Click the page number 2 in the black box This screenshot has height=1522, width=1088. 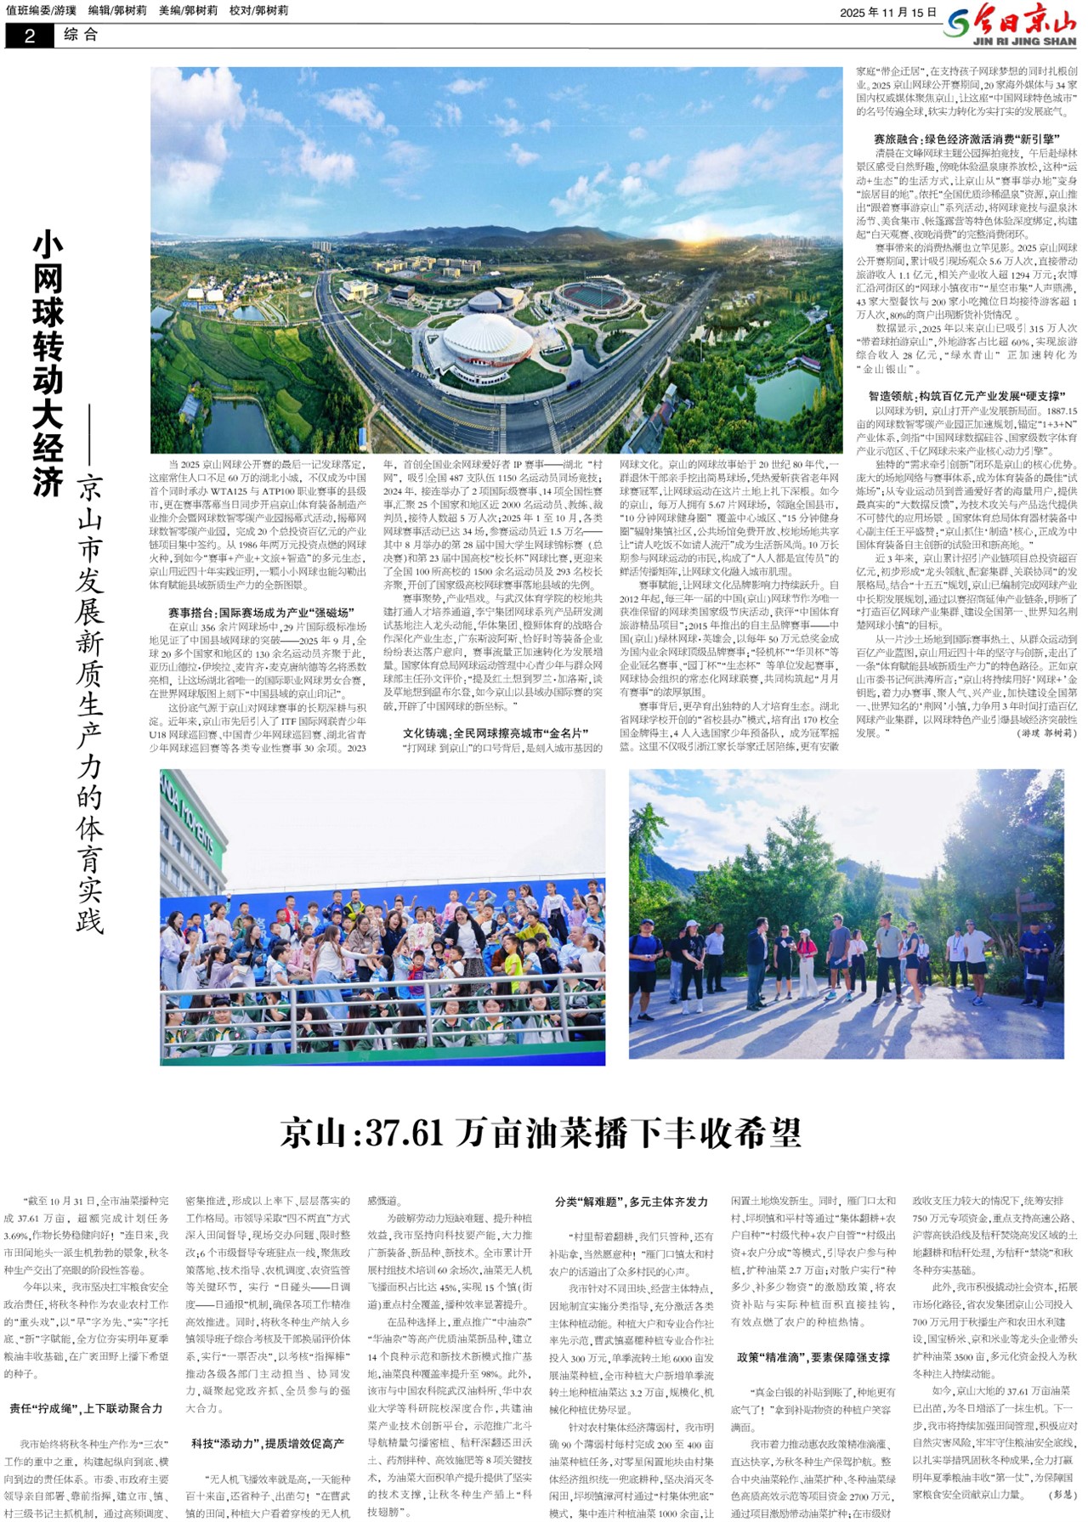[x=30, y=36]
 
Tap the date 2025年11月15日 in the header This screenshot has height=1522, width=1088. [x=887, y=13]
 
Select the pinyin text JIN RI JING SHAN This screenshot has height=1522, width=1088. [x=1024, y=41]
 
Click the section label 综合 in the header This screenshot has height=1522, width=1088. [x=81, y=35]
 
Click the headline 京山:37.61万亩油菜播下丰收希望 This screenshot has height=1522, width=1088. [x=541, y=1133]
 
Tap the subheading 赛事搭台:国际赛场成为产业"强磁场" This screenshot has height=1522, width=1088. [x=260, y=612]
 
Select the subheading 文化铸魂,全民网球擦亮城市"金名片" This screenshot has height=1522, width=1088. [x=496, y=733]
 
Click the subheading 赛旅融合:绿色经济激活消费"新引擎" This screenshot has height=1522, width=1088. [x=967, y=139]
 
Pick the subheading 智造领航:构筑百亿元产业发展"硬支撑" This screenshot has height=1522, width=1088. [x=966, y=396]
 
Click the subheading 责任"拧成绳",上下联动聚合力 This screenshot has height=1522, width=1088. [x=86, y=1409]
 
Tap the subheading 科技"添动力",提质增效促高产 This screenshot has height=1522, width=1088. [x=268, y=1443]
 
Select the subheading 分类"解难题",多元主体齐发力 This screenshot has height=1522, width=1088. [x=631, y=1202]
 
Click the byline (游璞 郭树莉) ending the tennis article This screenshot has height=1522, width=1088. [x=1046, y=733]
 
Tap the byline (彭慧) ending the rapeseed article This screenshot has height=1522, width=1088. [x=1063, y=1493]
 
